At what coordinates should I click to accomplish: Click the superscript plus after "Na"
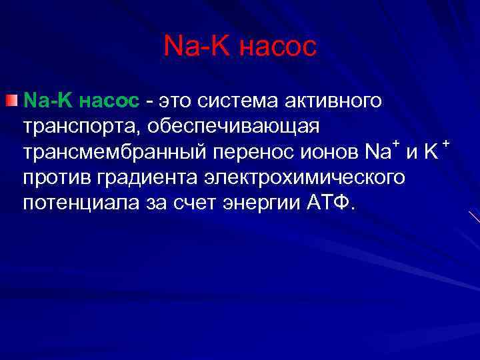pyautogui.click(x=396, y=144)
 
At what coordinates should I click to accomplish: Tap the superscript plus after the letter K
pyautogui.click(x=446, y=144)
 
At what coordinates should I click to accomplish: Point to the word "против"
pyautogui.click(x=58, y=178)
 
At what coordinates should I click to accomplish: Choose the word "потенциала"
pyautogui.click(x=81, y=203)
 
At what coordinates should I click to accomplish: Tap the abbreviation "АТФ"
pyautogui.click(x=330, y=203)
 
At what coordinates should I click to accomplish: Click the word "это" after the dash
pyautogui.click(x=175, y=101)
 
